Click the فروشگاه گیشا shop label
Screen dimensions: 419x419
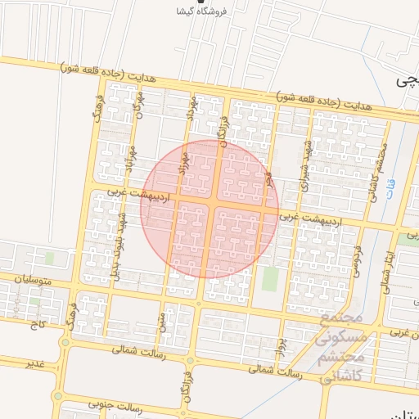tap(201, 11)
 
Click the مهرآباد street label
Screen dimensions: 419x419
tap(132, 152)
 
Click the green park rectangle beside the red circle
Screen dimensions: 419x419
tap(269, 279)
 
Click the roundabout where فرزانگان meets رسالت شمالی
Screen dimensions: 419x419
tap(190, 359)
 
